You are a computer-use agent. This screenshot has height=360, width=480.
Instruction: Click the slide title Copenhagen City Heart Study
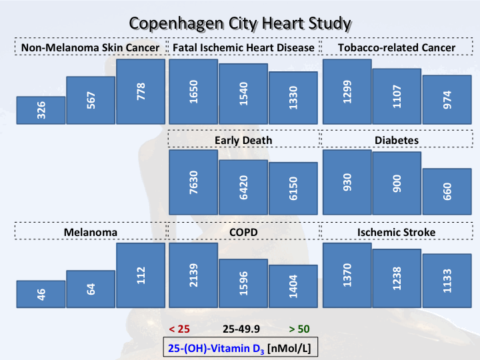point(240,23)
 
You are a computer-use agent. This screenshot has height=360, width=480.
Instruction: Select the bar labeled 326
point(41,111)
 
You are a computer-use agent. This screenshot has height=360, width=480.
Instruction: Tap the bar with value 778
point(141,91)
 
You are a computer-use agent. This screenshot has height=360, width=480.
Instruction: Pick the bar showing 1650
point(193,91)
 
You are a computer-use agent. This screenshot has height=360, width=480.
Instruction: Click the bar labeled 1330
point(293,97)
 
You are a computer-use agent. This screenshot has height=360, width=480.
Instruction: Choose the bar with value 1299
point(347,91)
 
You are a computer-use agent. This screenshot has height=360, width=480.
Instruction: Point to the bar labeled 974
point(447,99)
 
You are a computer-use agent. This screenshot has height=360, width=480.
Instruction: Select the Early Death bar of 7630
point(193,182)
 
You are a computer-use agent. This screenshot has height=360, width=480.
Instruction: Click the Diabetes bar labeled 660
point(447,191)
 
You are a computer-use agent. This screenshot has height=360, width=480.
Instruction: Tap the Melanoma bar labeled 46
point(41,294)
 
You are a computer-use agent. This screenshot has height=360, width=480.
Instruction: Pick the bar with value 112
point(141,275)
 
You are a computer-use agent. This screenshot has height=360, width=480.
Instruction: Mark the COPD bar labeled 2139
point(193,275)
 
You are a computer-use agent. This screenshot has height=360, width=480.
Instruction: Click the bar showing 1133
point(447,281)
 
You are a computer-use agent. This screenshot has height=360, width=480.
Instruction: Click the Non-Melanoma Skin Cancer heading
point(90,48)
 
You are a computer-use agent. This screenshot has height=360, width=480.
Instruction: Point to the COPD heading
point(243,232)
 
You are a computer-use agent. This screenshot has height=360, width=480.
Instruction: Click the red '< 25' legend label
point(180,329)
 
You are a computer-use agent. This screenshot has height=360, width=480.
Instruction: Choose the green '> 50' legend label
point(299,329)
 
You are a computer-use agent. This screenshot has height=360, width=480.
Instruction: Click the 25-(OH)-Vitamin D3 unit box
point(240,347)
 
